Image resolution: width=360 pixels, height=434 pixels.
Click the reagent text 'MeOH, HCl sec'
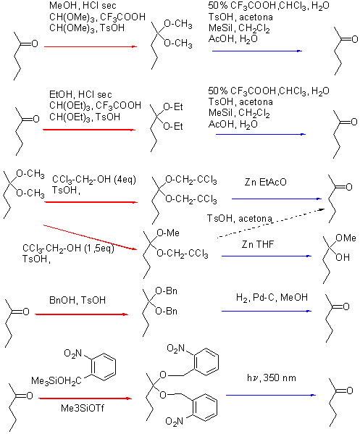pyautogui.click(x=83, y=6)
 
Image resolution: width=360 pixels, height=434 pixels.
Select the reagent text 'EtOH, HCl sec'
pyautogui.click(x=80, y=95)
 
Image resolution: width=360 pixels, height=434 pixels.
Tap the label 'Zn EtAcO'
pyautogui.click(x=266, y=182)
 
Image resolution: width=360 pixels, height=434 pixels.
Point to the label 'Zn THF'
pyautogui.click(x=258, y=244)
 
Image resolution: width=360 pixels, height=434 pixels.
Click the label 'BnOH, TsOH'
pyautogui.click(x=78, y=300)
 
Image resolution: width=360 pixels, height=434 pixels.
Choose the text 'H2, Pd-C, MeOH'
pyautogui.click(x=272, y=298)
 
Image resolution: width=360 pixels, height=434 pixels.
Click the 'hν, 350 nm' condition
pyautogui.click(x=272, y=377)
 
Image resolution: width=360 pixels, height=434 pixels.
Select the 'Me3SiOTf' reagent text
pyautogui.click(x=83, y=408)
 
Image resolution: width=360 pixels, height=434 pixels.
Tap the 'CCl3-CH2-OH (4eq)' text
pyautogui.click(x=94, y=180)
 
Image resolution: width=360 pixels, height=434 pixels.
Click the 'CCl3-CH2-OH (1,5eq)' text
pyautogui.click(x=68, y=249)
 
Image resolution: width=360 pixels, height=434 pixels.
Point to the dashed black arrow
pyautogui.click(x=271, y=223)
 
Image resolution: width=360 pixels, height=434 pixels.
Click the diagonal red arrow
pyautogui.click(x=91, y=238)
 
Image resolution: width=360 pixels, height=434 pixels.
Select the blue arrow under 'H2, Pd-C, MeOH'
pyautogui.click(x=267, y=311)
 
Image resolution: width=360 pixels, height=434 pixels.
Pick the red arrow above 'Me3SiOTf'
pyautogui.click(x=85, y=398)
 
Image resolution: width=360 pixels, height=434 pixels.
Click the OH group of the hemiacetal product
pyautogui.click(x=343, y=257)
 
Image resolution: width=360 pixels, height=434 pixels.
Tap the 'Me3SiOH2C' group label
pyautogui.click(x=56, y=381)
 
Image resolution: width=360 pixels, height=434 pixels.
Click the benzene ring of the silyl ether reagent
pyautogui.click(x=104, y=367)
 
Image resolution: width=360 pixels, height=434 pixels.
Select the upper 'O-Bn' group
pyautogui.click(x=167, y=291)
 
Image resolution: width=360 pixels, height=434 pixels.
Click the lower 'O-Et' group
pyautogui.click(x=173, y=127)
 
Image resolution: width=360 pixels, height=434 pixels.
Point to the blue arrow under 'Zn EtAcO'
pyautogui.click(x=277, y=199)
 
